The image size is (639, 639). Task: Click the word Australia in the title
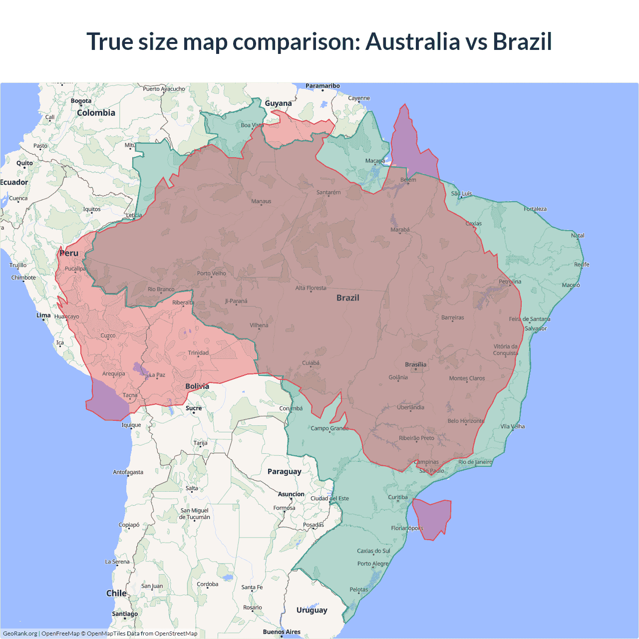tap(412, 41)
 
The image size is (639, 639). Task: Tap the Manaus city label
tap(261, 201)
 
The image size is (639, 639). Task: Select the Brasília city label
tap(415, 364)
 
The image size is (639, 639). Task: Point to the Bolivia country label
tap(197, 386)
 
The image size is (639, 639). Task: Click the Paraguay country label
tap(284, 471)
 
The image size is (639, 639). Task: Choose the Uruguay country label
tap(312, 610)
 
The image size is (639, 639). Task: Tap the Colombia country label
tap(96, 113)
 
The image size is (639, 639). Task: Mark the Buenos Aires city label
tap(282, 632)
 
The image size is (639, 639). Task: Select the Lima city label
tap(43, 315)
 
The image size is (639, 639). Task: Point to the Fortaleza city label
tap(535, 209)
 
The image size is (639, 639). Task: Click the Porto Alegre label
tap(372, 564)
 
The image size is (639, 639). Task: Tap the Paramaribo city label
tap(322, 86)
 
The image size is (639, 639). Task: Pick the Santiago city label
tap(125, 614)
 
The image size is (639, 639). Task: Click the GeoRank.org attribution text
tap(20, 634)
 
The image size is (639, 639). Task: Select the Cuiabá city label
tap(311, 363)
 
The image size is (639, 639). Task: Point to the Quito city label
tap(24, 163)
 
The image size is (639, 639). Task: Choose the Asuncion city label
tap(291, 494)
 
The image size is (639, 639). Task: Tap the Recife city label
tap(582, 264)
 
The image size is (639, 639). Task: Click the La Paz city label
tap(157, 374)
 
